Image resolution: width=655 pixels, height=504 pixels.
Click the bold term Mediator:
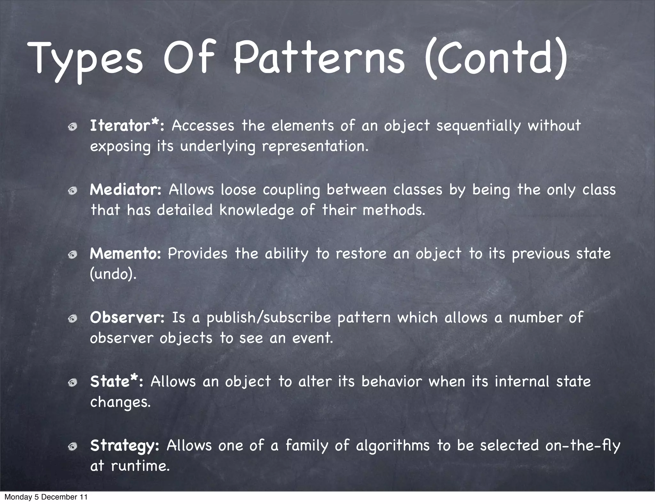126,190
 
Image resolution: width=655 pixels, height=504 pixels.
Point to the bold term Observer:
127,318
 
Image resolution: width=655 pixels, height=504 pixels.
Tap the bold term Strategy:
124,445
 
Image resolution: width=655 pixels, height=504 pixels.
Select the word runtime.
140,466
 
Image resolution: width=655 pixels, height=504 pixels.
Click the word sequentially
478,126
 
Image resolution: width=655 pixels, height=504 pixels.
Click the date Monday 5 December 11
46,497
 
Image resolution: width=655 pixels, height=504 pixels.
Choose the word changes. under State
120,402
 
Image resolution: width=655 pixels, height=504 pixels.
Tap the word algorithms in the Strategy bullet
393,445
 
